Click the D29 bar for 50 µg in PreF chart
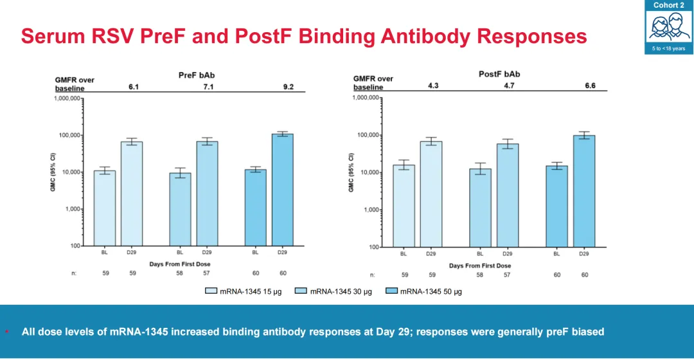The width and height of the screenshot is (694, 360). [282, 190]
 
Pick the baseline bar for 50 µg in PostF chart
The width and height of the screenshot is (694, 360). [557, 206]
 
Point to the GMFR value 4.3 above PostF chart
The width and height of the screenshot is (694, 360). [433, 85]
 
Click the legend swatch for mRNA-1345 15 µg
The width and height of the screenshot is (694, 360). [211, 291]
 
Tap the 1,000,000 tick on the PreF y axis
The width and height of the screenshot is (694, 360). [67, 98]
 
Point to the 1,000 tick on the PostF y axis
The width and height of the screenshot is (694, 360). [370, 210]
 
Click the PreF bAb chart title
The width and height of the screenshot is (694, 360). [197, 75]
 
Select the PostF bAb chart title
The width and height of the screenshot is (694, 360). [499, 74]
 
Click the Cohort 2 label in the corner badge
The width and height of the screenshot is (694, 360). [669, 5]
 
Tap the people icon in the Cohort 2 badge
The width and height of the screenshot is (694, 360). [669, 28]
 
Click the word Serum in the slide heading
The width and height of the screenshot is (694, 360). [49, 36]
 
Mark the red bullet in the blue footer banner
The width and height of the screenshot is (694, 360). [6, 332]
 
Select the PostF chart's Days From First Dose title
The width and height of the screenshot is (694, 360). [480, 265]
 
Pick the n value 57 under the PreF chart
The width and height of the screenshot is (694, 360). [207, 273]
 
